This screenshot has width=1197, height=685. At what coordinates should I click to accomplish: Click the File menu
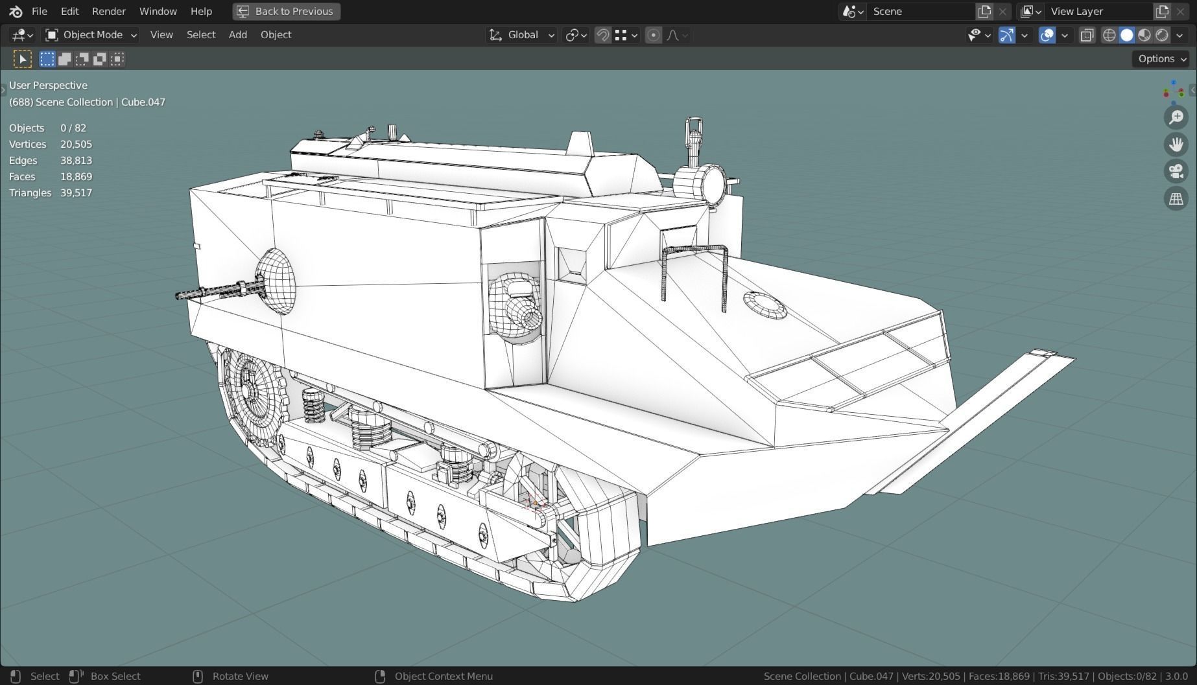coord(39,11)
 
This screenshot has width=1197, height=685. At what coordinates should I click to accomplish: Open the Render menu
coord(108,11)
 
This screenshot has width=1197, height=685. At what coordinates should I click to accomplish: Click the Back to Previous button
coord(286,11)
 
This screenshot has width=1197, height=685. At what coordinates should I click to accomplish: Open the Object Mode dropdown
coord(91,35)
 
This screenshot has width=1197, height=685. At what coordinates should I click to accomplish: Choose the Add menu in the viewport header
coord(237,35)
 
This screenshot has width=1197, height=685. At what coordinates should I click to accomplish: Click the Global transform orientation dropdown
coord(522,35)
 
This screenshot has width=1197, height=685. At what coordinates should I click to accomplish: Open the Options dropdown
coord(1160,59)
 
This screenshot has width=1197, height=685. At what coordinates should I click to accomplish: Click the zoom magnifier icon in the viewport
coord(1176,117)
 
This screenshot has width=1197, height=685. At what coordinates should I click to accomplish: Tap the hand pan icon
coord(1176,144)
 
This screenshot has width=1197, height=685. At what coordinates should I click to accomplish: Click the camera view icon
coord(1176,171)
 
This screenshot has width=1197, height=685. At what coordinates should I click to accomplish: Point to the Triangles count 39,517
coord(76,192)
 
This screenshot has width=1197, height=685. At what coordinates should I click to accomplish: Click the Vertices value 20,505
coord(76,144)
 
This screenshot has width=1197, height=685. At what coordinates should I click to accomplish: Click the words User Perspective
coord(48,85)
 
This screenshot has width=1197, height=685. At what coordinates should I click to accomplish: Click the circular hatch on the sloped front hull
coord(764,305)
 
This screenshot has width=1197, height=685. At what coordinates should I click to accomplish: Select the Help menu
coord(201,11)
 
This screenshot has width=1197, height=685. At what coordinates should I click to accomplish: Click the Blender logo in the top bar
coord(16,11)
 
